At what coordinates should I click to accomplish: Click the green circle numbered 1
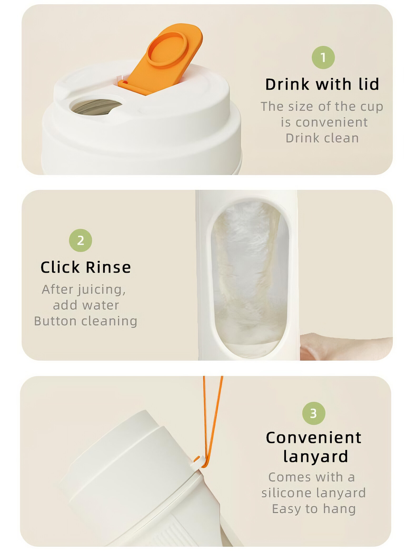click(x=323, y=57)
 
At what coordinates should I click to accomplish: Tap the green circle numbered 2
click(x=81, y=240)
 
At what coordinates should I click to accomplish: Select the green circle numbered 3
click(x=314, y=413)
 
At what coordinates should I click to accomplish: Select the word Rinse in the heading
click(x=108, y=267)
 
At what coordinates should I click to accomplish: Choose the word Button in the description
click(x=55, y=321)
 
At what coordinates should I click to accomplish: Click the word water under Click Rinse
click(x=101, y=306)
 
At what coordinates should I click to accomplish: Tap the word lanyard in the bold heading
click(x=316, y=456)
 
